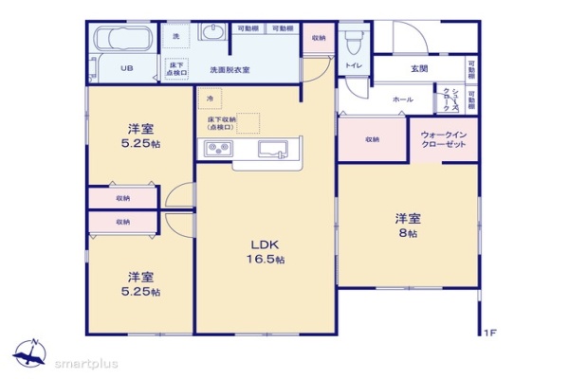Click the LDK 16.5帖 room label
point(265,249)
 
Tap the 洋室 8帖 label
point(409,225)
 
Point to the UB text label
point(126,68)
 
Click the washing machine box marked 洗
point(174,36)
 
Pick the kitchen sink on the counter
point(276,149)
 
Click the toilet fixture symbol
point(354,42)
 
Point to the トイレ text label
point(352,66)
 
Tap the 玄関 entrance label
point(419,68)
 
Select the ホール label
point(403,99)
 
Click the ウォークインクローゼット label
point(443,140)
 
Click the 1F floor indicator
point(489,333)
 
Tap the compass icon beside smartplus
point(28,352)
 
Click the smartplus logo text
point(84,362)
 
